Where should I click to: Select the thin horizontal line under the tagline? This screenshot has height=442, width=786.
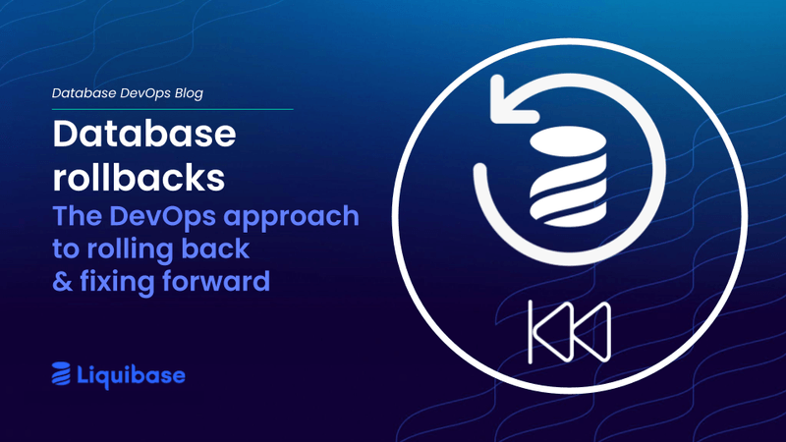point(172,109)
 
